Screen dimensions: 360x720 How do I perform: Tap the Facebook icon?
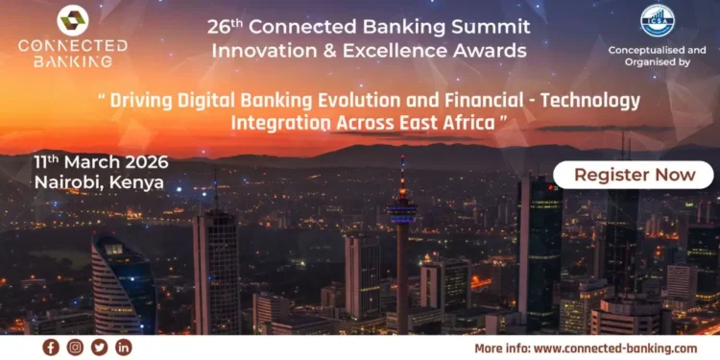51,347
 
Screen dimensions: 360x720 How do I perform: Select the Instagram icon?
75,347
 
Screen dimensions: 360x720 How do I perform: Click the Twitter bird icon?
99,347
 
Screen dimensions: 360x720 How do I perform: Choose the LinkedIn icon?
123,347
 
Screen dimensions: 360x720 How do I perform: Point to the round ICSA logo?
658,21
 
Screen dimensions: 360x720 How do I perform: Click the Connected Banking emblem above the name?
72,20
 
